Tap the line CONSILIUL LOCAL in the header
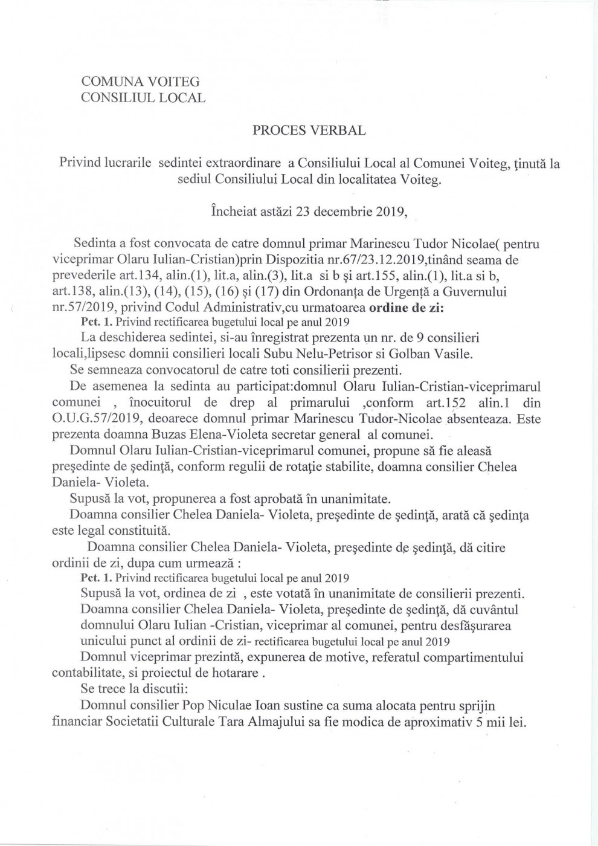point(143,97)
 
